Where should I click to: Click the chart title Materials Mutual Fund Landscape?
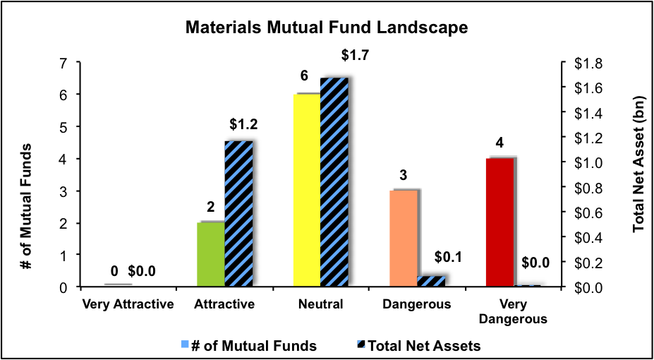(327, 28)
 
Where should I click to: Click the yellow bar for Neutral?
(307, 190)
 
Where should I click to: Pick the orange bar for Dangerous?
(404, 238)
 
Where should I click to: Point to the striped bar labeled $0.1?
(432, 281)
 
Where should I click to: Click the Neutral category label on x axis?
(320, 305)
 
